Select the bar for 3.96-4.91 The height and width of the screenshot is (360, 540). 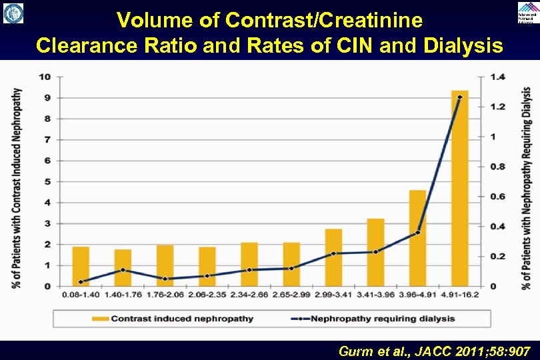coord(417,238)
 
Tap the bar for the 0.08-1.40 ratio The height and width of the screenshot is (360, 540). coord(81,267)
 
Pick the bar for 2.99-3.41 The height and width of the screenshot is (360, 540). coord(333,257)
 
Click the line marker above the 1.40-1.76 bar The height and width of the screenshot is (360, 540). coord(123,270)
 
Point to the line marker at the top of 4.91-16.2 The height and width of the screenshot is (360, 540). coord(459,97)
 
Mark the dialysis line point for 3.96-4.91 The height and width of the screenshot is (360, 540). coord(417,233)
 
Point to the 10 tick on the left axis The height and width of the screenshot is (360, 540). coord(45,77)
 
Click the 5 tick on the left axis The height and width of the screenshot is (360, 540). coord(47,181)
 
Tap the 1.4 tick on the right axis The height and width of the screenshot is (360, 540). coord(497,77)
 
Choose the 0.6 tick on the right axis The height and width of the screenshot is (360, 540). coord(497,196)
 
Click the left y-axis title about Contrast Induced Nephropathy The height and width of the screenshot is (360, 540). coord(16,188)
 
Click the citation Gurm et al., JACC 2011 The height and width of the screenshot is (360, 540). coord(434,351)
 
